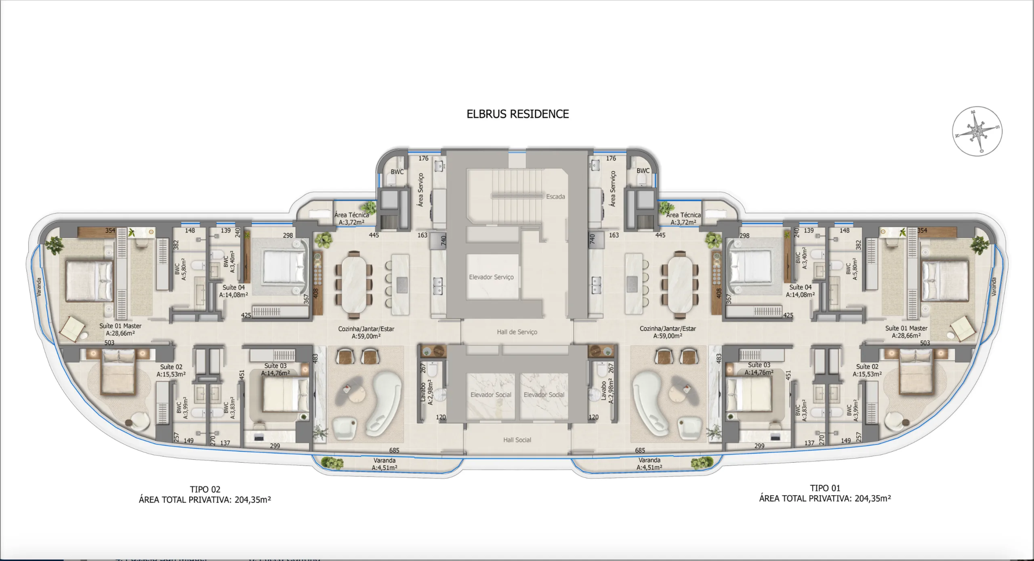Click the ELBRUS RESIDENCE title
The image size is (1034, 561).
(x=517, y=114)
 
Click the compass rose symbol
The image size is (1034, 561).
(x=977, y=131)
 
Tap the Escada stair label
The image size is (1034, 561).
(x=555, y=197)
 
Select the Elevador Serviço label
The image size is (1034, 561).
(x=491, y=277)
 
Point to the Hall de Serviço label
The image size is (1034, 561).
(x=517, y=332)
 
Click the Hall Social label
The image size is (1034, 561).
(x=517, y=440)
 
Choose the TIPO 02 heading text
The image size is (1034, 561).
(x=205, y=490)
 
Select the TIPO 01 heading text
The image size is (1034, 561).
(x=825, y=488)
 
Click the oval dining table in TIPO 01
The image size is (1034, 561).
(x=680, y=282)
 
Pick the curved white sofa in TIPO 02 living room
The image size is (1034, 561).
(x=384, y=404)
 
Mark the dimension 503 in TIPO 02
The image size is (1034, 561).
(x=109, y=343)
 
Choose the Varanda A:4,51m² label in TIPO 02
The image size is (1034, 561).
(x=384, y=464)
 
